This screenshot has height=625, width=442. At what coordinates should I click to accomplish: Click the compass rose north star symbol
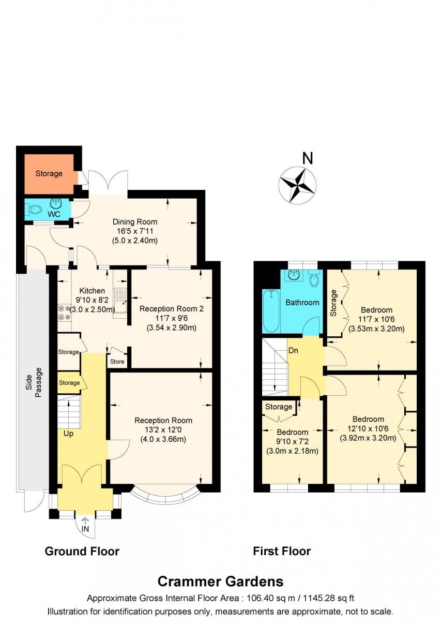(297, 185)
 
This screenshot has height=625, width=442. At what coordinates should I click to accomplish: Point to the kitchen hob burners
(65, 312)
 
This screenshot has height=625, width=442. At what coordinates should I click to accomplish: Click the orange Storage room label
(49, 173)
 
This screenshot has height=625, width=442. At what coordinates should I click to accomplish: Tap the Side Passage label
(34, 382)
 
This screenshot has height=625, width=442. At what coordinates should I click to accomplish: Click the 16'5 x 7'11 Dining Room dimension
(135, 231)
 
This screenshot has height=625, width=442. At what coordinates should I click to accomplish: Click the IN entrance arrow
(85, 525)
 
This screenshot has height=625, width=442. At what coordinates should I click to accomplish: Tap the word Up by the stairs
(69, 434)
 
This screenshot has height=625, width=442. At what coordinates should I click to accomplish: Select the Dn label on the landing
(294, 350)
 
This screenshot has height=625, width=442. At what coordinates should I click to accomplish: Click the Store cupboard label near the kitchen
(117, 362)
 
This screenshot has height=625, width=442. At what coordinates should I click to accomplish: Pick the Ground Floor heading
(82, 551)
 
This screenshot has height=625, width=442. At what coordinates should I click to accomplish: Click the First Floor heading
(282, 551)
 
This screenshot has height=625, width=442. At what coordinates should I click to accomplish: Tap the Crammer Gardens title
(220, 581)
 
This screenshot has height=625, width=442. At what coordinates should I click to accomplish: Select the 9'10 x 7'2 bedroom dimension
(292, 441)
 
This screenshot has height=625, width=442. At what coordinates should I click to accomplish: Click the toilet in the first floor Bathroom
(313, 280)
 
